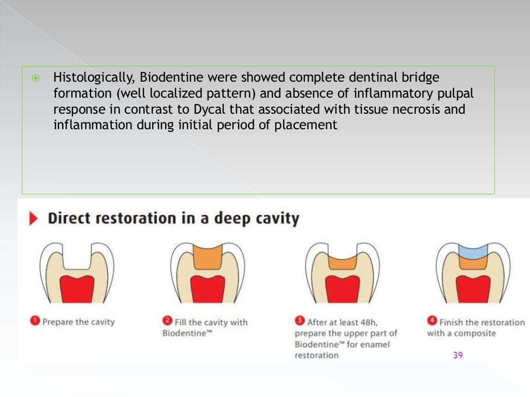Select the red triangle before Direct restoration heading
[34, 219]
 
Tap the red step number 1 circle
[35, 321]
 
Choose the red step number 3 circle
[299, 321]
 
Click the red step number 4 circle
[432, 321]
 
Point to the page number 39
[458, 355]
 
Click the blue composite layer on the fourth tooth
[473, 250]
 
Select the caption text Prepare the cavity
[78, 322]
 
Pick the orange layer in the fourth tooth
[473, 264]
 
